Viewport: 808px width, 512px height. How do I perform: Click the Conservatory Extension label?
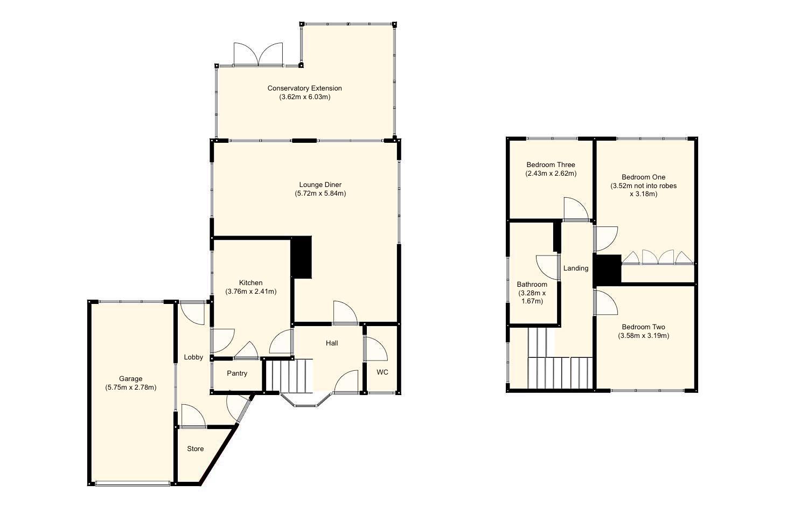click(x=304, y=88)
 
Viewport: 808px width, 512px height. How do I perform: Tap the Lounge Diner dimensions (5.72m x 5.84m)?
click(x=320, y=193)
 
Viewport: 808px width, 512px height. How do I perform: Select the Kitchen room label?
click(x=250, y=283)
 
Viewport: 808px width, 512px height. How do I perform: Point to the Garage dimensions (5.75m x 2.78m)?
click(x=131, y=387)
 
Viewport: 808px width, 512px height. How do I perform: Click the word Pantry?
click(x=237, y=373)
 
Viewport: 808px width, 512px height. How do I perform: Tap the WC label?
click(x=382, y=372)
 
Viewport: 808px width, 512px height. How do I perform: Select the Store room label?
click(x=195, y=449)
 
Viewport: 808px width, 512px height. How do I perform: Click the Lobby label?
click(x=193, y=357)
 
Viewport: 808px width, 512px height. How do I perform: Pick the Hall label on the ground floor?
click(x=332, y=343)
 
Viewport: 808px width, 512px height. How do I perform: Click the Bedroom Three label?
click(x=551, y=165)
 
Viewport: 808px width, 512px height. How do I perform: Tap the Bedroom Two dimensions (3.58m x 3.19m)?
click(x=643, y=336)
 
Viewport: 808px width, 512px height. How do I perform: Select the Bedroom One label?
click(x=643, y=177)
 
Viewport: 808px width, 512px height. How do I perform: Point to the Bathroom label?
click(x=532, y=285)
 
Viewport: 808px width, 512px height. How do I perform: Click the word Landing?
click(x=575, y=268)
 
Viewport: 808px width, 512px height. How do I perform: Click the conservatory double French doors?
click(x=258, y=54)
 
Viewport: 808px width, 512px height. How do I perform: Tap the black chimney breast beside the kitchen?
click(x=302, y=258)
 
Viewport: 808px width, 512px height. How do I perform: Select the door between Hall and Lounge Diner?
click(x=345, y=314)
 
